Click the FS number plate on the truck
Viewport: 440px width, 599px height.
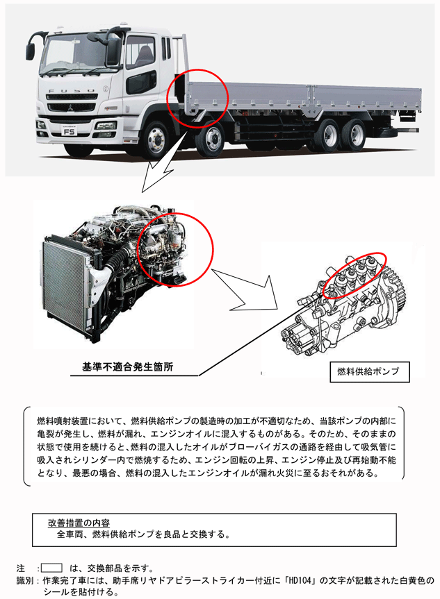coord(70,132)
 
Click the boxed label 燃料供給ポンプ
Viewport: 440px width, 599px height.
coord(370,372)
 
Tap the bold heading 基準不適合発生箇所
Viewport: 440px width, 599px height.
coord(127,367)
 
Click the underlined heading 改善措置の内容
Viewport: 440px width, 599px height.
coord(79,523)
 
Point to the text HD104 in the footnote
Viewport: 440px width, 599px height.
coord(301,581)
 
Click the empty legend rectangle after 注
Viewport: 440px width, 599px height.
coord(51,568)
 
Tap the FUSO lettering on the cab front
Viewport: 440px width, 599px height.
coord(71,91)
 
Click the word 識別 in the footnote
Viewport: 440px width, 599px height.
coord(25,581)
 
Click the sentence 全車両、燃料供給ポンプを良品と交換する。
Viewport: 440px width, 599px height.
coord(143,534)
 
